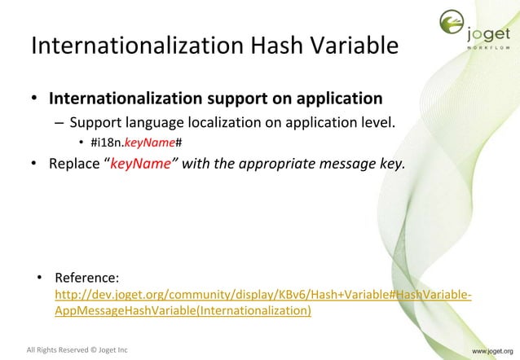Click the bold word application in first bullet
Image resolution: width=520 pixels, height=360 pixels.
(331, 99)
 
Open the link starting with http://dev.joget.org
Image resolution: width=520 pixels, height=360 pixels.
(262, 295)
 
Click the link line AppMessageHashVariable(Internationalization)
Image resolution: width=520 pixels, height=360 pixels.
(183, 311)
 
